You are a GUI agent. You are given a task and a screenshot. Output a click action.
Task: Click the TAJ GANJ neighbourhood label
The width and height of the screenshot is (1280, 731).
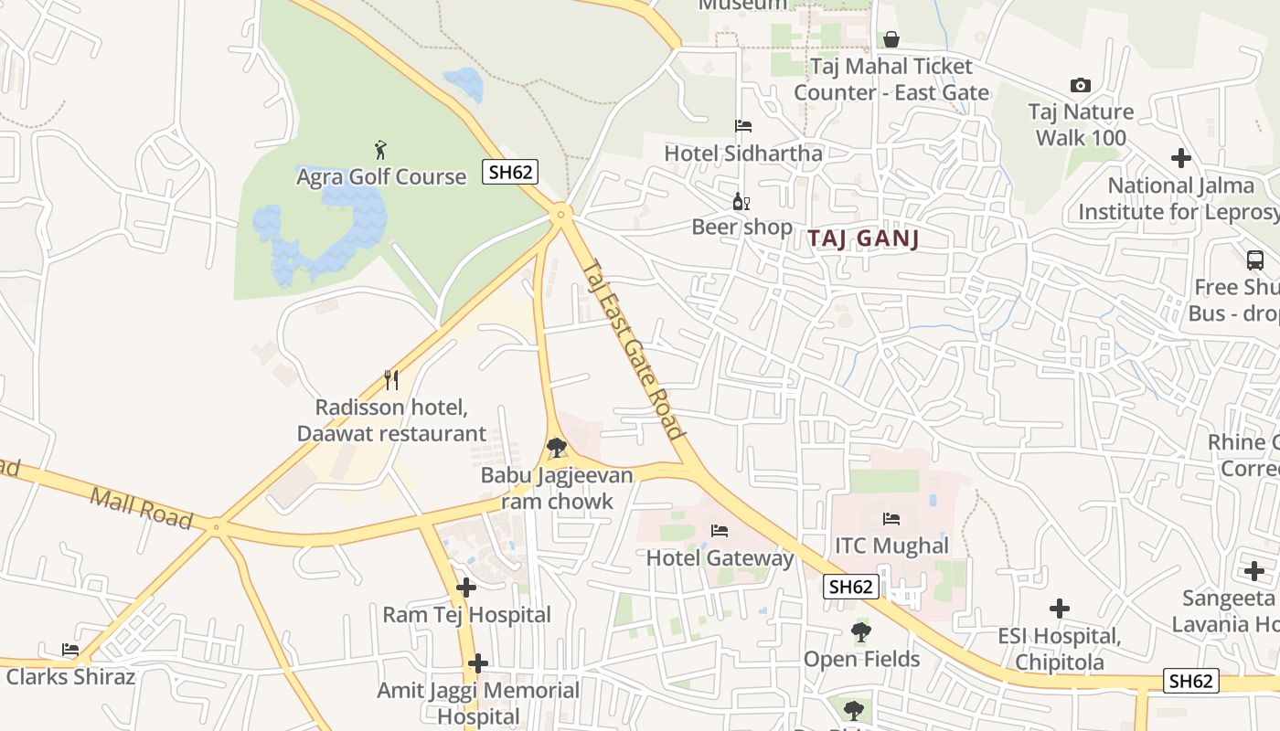[x=862, y=239]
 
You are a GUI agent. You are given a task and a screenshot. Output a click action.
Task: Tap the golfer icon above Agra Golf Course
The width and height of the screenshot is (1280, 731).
[x=380, y=150]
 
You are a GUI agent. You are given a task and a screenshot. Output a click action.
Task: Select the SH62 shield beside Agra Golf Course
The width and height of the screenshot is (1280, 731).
[x=510, y=172]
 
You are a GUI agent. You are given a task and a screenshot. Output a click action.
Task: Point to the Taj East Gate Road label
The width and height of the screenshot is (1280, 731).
[x=633, y=349]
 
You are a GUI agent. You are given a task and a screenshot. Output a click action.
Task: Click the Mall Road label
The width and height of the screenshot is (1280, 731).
[x=142, y=508]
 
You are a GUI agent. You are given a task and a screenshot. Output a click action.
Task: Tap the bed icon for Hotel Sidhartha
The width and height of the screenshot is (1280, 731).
[x=743, y=126]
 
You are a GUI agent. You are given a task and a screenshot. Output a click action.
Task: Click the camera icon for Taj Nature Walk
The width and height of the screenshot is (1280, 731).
[x=1081, y=85]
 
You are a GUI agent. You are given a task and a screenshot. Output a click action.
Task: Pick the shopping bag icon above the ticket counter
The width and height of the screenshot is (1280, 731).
[x=891, y=39]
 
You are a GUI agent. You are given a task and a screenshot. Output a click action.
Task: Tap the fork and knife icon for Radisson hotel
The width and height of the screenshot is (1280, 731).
[x=391, y=380]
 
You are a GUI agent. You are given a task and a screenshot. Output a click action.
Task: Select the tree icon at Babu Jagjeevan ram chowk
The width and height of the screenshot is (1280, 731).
[x=556, y=448]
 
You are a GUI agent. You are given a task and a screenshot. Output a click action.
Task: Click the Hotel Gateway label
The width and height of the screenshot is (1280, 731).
[x=720, y=557]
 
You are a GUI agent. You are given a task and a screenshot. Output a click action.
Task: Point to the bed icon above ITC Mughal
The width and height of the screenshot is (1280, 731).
[x=891, y=519]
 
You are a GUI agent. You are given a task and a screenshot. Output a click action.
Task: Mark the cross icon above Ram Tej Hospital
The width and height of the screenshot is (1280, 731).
[x=466, y=588]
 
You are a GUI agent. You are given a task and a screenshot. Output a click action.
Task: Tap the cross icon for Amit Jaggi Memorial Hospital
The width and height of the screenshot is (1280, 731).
[x=477, y=663]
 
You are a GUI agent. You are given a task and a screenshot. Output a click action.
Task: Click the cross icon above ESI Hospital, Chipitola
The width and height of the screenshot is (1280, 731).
[x=1060, y=609]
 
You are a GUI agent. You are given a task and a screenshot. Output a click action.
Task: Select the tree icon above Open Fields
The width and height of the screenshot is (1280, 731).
[x=861, y=631]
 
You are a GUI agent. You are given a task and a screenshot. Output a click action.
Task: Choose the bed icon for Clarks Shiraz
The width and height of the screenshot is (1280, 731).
[x=70, y=650]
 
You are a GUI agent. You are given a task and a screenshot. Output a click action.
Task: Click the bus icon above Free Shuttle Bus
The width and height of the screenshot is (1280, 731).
[x=1255, y=260]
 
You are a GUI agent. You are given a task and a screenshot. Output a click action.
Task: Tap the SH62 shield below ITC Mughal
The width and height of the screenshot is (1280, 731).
[x=851, y=587]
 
